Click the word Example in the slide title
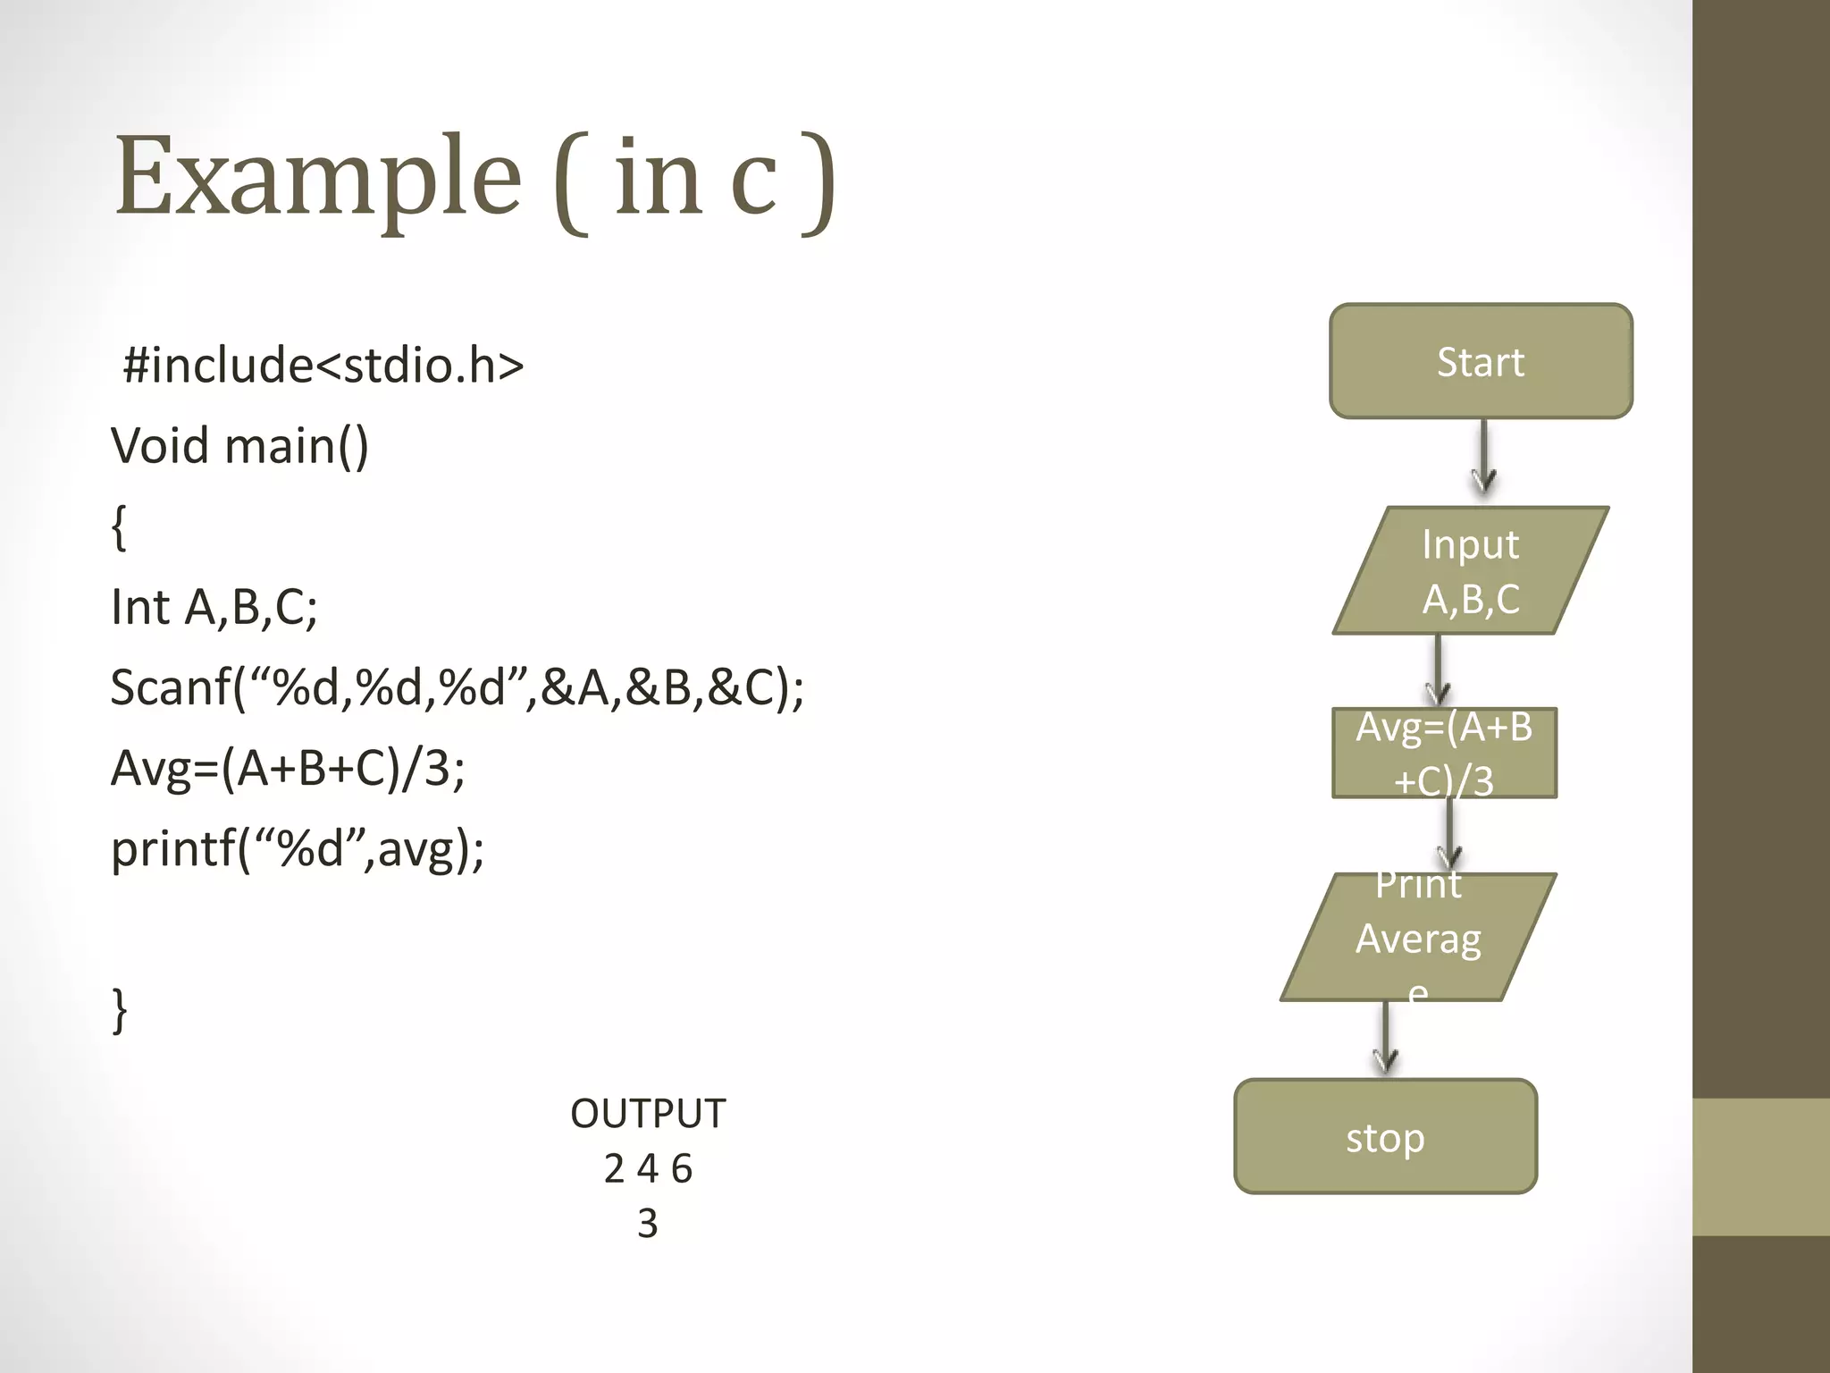coord(317,175)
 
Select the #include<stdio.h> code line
coord(323,365)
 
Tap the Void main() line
coord(239,445)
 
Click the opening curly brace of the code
coord(119,526)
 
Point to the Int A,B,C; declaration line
coord(214,607)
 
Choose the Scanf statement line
coord(457,687)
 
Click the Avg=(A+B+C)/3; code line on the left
coord(288,768)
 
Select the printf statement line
coord(298,848)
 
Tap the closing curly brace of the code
coord(119,1010)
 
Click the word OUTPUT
coord(648,1114)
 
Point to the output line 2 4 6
coord(648,1168)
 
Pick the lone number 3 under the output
coord(648,1223)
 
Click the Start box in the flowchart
coord(1481,361)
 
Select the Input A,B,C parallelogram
coord(1471,570)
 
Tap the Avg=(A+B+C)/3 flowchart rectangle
coord(1444,753)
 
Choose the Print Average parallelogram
coord(1418,937)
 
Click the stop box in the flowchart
coord(1385,1136)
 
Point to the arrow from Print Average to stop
coord(1385,1037)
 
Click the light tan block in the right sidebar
coord(1760,1167)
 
